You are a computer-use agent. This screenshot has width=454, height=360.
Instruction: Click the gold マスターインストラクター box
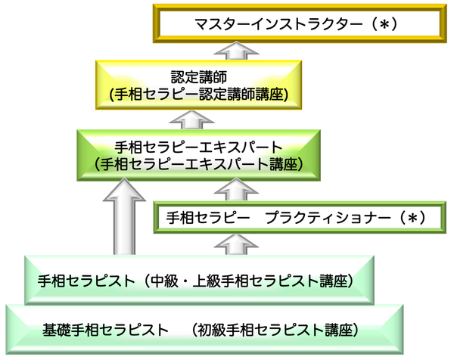tap(300, 23)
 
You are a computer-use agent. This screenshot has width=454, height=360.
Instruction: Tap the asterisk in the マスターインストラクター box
tap(384, 25)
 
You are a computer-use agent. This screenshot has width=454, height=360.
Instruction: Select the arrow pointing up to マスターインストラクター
tap(236, 51)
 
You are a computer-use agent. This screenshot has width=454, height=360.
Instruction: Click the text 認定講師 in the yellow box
tap(198, 77)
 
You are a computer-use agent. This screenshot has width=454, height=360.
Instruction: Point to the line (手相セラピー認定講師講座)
tap(198, 94)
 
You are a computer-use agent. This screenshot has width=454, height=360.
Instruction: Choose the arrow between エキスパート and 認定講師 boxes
tap(191, 120)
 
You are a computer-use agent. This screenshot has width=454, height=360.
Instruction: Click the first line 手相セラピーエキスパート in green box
tap(198, 147)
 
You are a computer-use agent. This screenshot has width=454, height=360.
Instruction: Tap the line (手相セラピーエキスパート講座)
tap(198, 164)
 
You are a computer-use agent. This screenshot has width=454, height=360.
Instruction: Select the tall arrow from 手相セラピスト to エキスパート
tap(124, 216)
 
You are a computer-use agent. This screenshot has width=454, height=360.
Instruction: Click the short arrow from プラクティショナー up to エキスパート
tap(236, 189)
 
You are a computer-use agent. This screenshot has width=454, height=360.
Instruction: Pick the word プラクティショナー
tap(328, 218)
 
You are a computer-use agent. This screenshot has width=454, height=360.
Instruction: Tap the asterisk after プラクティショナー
tap(412, 218)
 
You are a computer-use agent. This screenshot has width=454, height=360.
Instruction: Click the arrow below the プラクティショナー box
tap(236, 245)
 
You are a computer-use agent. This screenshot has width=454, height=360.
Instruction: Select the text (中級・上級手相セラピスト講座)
tap(248, 281)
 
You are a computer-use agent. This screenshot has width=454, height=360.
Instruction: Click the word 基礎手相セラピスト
tap(106, 330)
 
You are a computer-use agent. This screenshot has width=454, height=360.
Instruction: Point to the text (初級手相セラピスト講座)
tap(275, 330)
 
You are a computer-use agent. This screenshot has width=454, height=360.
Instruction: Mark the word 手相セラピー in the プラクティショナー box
tap(208, 218)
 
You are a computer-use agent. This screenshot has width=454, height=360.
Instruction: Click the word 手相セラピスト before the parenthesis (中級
tap(86, 281)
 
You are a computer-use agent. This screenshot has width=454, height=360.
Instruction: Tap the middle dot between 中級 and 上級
tap(185, 281)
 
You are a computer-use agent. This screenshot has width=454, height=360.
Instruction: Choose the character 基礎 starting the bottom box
tap(57, 330)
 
